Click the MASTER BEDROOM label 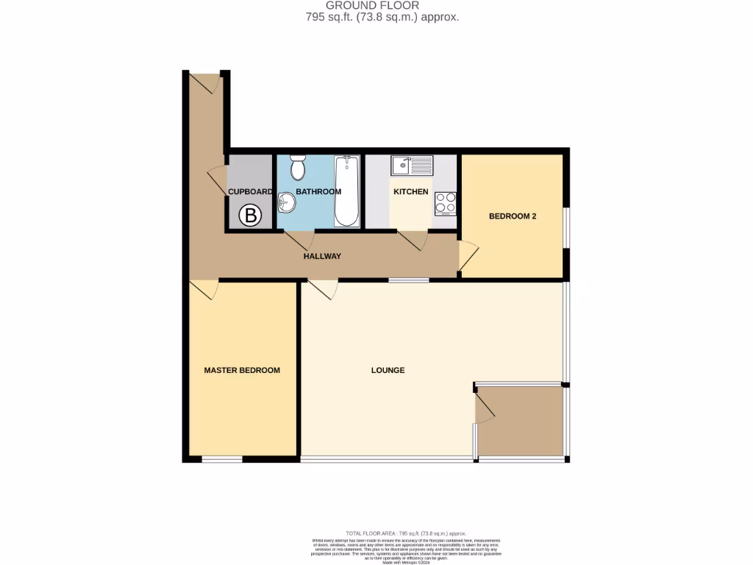pos(242,370)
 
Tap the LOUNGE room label pos(388,370)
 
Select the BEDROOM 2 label pos(513,216)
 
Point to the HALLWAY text pos(323,256)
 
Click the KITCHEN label pos(410,192)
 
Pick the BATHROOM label pos(318,192)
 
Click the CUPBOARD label pos(250,192)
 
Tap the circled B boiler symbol pos(251,216)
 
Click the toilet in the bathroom pos(298,168)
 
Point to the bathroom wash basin pos(286,205)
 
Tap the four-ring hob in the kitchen pos(445,202)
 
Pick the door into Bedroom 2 pos(468,256)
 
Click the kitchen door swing pos(413,241)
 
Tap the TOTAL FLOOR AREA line pos(406,533)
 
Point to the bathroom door pos(299,240)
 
